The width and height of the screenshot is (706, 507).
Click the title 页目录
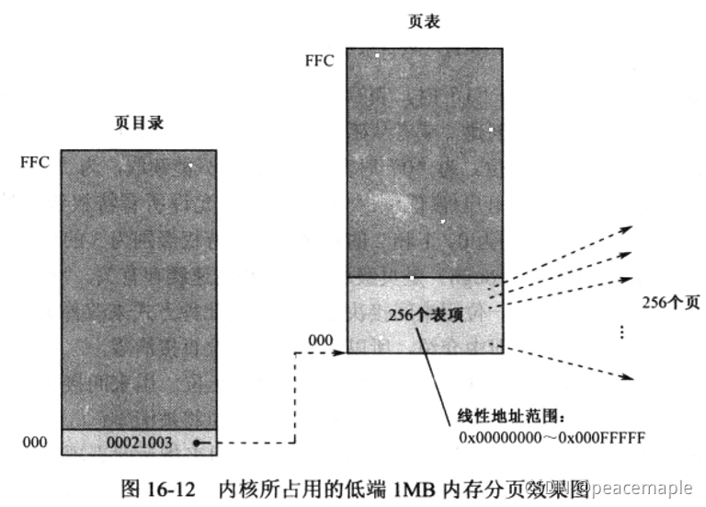point(139,121)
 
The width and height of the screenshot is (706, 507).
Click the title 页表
point(424,20)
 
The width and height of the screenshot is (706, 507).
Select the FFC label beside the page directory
point(35,162)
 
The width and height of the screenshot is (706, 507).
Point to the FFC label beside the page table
point(320,61)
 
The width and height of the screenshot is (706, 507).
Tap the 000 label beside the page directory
point(35,443)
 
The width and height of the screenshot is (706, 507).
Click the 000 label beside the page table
point(320,340)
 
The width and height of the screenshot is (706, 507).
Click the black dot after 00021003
point(196,443)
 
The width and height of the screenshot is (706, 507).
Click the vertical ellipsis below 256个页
point(624,331)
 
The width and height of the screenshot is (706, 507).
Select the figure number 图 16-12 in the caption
point(159,488)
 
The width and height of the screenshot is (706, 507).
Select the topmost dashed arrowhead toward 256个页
point(629,227)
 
